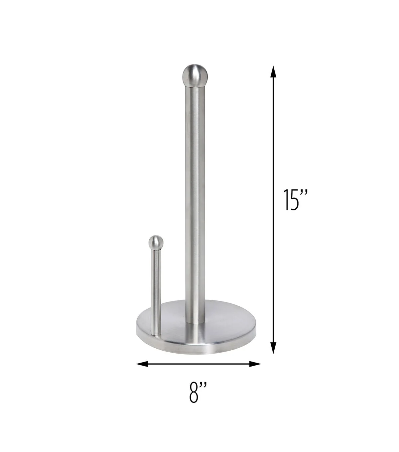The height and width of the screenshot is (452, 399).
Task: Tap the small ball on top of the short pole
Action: pos(156,242)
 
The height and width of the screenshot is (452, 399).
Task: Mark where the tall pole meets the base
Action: pos(195,322)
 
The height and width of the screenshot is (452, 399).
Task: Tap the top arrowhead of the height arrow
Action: pos(273,71)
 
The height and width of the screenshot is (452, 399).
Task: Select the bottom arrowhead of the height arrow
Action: pos(273,348)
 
